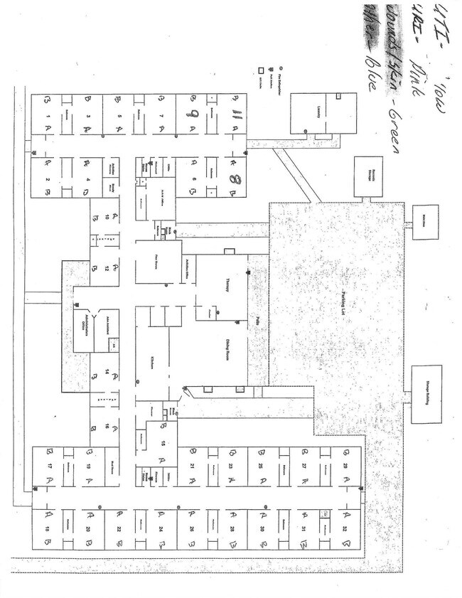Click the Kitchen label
point(151,362)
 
